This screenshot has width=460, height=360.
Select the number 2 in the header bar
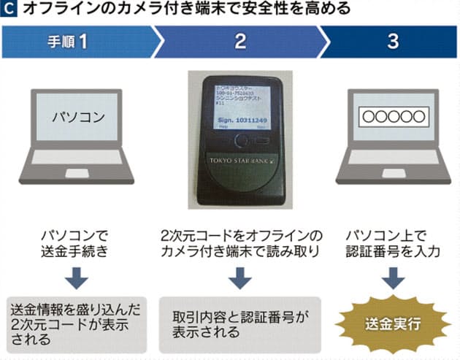(x=240, y=42)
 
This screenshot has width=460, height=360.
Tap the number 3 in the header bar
(x=392, y=42)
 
